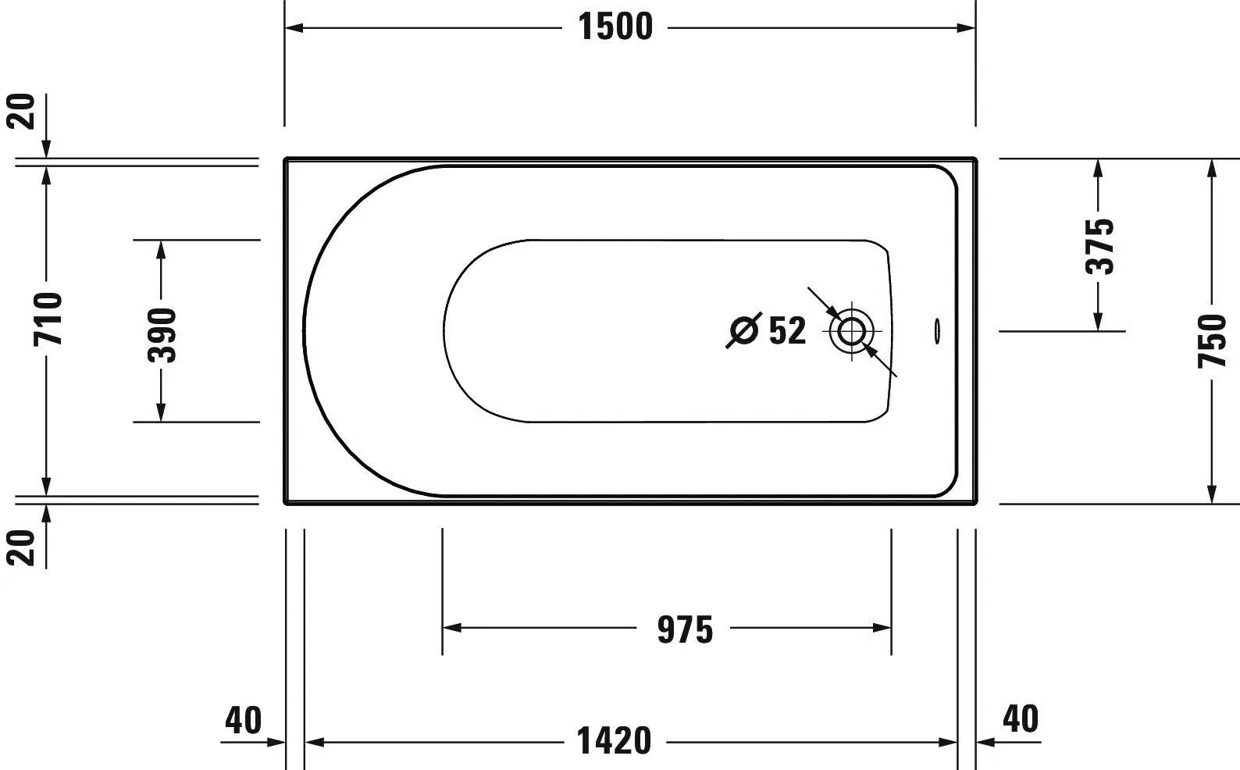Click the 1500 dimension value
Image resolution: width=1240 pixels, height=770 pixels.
click(615, 27)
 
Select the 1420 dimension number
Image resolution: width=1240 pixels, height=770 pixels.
click(614, 740)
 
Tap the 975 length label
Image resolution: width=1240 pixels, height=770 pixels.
click(685, 629)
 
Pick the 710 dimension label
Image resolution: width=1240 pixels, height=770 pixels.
click(48, 319)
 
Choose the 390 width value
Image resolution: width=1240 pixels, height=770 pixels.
click(162, 335)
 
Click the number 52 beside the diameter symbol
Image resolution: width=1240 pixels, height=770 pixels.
click(787, 331)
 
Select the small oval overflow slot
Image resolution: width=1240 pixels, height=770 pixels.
click(936, 331)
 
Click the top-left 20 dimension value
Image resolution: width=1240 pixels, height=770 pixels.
click(23, 111)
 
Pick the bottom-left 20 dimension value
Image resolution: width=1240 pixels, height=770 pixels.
click(23, 547)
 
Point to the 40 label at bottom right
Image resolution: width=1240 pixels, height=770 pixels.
click(1021, 719)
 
